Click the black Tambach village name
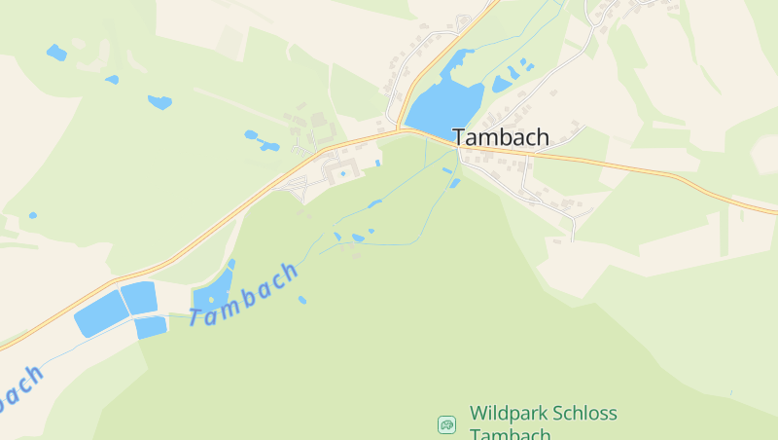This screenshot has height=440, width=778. pyautogui.click(x=500, y=137)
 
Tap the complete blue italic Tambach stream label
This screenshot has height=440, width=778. pyautogui.click(x=244, y=294)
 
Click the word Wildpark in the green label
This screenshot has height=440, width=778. pyautogui.click(x=504, y=414)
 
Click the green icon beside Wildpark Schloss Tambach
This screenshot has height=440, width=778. pyautogui.click(x=446, y=424)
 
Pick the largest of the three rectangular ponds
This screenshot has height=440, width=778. pyautogui.click(x=101, y=313)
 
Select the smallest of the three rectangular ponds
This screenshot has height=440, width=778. pyautogui.click(x=151, y=327)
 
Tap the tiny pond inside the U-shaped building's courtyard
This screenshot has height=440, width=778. pyautogui.click(x=343, y=174)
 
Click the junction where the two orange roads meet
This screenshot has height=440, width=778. pyautogui.click(x=399, y=128)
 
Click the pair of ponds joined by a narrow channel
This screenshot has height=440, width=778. pyautogui.click(x=260, y=142)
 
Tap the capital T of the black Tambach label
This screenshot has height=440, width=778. pyautogui.click(x=460, y=137)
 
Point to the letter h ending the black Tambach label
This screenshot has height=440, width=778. pyautogui.click(x=541, y=137)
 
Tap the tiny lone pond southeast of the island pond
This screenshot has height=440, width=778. pyautogui.click(x=302, y=300)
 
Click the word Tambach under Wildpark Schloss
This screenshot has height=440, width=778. pyautogui.click(x=510, y=434)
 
